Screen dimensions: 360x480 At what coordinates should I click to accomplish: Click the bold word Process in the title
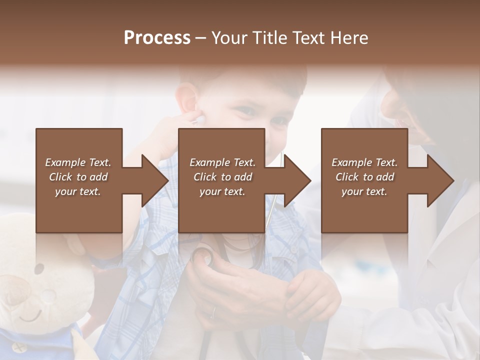157,38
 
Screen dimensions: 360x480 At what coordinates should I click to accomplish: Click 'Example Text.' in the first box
78,162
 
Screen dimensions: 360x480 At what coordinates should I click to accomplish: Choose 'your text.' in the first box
78,191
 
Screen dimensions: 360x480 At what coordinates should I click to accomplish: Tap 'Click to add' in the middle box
222,177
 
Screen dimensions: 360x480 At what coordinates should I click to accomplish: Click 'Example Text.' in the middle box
222,162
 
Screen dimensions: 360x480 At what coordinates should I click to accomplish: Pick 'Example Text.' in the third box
364,162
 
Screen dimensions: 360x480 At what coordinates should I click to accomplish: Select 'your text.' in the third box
364,191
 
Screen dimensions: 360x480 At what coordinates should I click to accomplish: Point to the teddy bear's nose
49,295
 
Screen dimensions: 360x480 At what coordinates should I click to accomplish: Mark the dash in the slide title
201,38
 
